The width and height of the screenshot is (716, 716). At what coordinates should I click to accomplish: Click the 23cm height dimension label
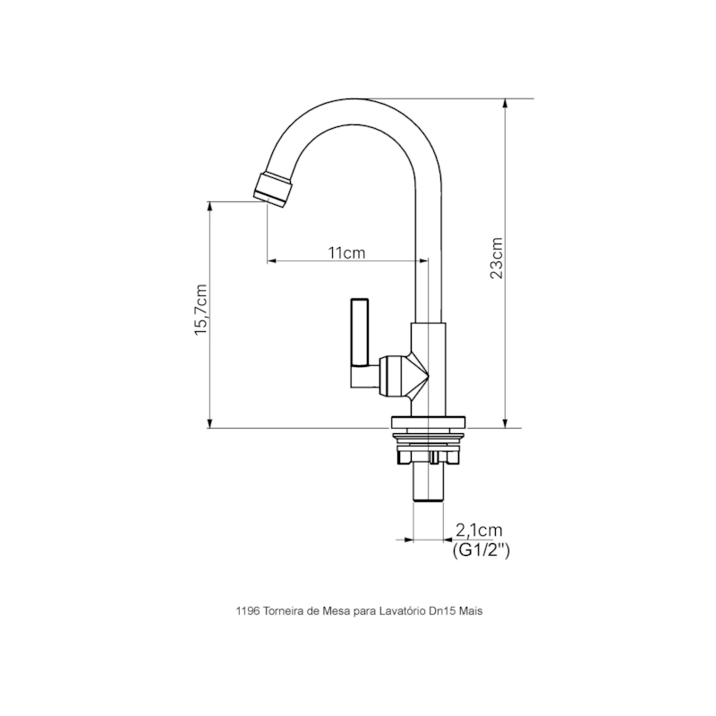tap(497, 258)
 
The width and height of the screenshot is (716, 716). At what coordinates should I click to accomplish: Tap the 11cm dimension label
tap(346, 252)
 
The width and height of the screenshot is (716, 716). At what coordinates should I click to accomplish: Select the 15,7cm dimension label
tap(200, 310)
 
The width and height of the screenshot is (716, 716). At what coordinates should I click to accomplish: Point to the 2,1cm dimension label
tap(479, 531)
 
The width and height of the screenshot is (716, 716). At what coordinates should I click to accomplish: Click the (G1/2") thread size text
tap(481, 550)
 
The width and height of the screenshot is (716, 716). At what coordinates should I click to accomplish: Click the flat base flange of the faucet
tap(429, 422)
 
